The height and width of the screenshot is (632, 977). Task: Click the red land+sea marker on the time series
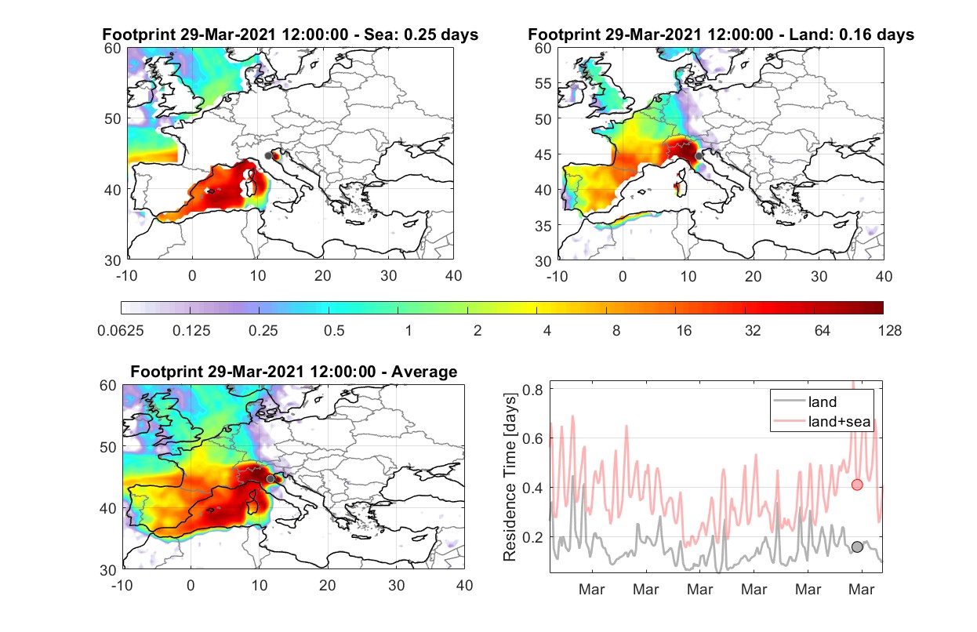click(857, 485)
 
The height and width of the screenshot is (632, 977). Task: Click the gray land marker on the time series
click(857, 547)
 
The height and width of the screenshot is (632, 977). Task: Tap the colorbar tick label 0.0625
click(121, 331)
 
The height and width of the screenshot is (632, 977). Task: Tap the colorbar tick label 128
click(889, 331)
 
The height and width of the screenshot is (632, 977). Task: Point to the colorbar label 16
click(684, 331)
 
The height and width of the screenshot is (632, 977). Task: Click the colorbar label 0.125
click(191, 331)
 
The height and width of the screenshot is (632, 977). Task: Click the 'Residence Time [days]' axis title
click(510, 478)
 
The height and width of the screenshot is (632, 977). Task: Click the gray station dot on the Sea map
click(268, 156)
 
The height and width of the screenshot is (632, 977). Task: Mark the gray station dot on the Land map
click(699, 156)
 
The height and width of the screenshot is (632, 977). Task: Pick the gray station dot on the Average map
click(271, 479)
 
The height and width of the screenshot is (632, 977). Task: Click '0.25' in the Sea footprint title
click(419, 35)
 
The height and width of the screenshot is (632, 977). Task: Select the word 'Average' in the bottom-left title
click(424, 372)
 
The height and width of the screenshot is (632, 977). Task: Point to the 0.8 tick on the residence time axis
click(533, 389)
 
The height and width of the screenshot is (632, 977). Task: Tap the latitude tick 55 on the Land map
click(543, 83)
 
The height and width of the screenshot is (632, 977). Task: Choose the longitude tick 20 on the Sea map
click(323, 276)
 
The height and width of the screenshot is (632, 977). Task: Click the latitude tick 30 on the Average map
click(107, 570)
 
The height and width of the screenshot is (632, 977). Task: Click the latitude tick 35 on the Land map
click(543, 226)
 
